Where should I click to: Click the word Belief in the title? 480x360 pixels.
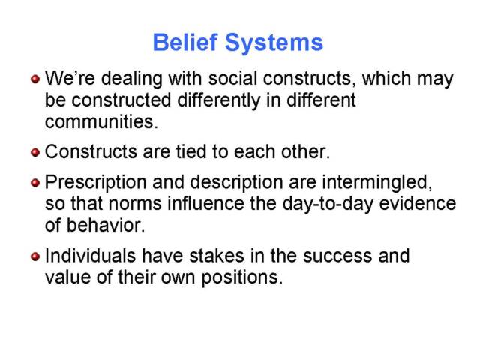(185, 42)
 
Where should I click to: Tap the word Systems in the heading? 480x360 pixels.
(274, 43)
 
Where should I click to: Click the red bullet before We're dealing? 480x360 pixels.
(35, 79)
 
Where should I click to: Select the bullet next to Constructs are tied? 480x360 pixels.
(35, 152)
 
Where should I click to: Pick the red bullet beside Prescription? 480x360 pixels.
(35, 183)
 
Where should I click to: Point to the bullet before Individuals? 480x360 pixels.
(35, 256)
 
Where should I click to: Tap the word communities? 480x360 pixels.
(101, 121)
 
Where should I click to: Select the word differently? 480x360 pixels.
(218, 101)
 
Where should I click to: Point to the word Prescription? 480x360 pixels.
(95, 183)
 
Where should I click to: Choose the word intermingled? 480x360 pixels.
(377, 183)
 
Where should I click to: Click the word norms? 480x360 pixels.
(135, 204)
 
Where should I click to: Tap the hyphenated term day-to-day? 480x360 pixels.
(328, 205)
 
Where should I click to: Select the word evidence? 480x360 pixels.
(418, 203)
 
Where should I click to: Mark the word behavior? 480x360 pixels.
(105, 225)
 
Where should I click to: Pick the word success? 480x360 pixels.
(337, 256)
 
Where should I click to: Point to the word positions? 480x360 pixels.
(241, 278)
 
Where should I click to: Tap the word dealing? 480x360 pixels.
(132, 79)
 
